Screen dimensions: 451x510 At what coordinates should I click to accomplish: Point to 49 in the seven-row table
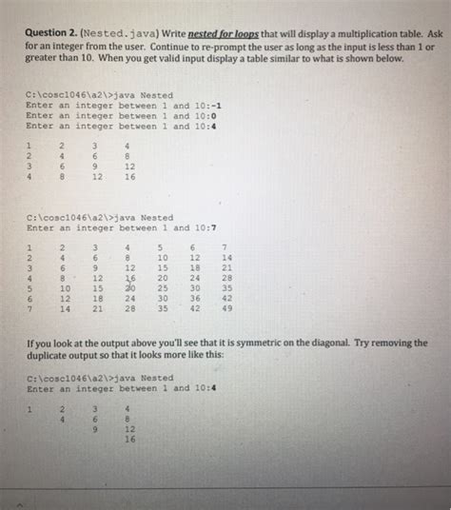[225, 307]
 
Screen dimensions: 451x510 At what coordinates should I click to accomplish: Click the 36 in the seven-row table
[194, 297]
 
